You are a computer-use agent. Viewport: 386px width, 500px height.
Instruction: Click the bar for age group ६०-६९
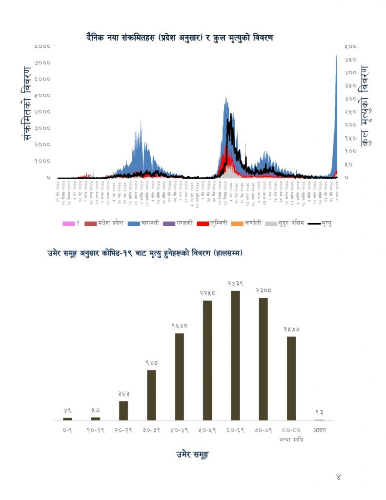(x=235, y=355)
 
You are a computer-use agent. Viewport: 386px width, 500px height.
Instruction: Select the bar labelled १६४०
(x=179, y=376)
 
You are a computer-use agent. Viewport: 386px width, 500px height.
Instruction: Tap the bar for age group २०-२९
(x=123, y=411)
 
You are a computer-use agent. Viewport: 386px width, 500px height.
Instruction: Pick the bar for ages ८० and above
(x=291, y=378)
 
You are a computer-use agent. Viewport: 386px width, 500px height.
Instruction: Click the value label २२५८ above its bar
(x=207, y=293)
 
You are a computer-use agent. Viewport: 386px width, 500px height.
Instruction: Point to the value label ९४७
(x=151, y=363)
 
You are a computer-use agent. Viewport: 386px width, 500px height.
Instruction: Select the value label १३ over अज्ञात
(x=319, y=412)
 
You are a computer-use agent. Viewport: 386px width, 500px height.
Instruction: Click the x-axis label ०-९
(x=67, y=430)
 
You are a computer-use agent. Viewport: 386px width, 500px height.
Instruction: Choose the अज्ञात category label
(x=320, y=430)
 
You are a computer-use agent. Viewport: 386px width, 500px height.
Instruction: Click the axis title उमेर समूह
(x=192, y=455)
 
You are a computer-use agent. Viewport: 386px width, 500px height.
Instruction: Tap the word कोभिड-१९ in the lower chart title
(x=128, y=253)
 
